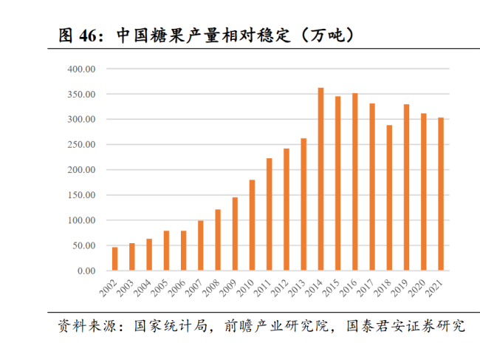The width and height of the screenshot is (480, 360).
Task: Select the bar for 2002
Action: click(114, 259)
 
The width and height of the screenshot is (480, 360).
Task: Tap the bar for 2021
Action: click(441, 194)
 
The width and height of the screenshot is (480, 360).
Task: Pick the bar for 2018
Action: click(389, 198)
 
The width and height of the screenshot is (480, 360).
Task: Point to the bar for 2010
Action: click(252, 225)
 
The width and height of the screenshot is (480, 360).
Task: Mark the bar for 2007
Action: click(200, 245)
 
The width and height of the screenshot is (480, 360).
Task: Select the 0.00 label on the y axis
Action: click(86, 271)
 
